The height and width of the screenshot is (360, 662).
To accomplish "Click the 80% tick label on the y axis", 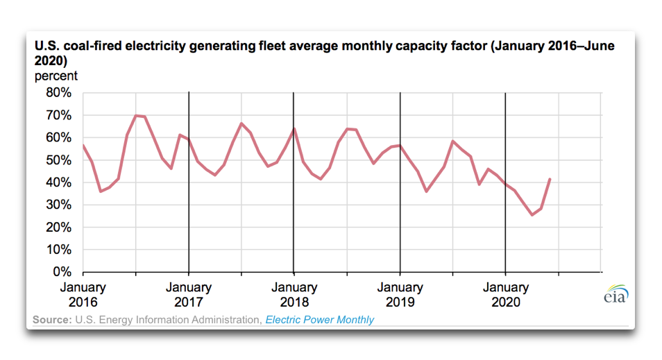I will click(58, 93).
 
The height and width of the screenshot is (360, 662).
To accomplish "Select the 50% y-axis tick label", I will click(58, 160).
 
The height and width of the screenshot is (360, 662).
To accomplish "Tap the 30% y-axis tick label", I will click(58, 205).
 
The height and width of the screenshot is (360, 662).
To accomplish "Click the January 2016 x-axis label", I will click(83, 295).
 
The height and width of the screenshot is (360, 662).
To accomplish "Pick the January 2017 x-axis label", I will click(188, 295).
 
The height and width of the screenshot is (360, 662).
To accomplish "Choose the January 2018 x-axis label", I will click(294, 295).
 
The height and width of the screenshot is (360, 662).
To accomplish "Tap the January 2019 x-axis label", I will click(400, 295).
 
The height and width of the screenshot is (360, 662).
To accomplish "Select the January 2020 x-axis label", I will click(505, 295).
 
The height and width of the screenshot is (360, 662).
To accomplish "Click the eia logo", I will click(615, 294).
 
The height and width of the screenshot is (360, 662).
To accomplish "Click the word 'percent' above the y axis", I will click(56, 76).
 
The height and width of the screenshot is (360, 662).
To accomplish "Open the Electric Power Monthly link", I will click(319, 320).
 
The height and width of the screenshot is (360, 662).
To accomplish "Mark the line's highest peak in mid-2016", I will click(136, 115).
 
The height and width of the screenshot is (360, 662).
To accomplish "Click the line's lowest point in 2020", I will click(532, 214).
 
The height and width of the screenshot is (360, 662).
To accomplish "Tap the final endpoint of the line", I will click(550, 179).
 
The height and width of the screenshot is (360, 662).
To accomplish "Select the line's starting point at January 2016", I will click(83, 145).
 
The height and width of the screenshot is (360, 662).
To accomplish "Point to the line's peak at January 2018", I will click(294, 129).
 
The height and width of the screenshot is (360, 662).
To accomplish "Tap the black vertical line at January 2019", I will click(400, 208).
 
